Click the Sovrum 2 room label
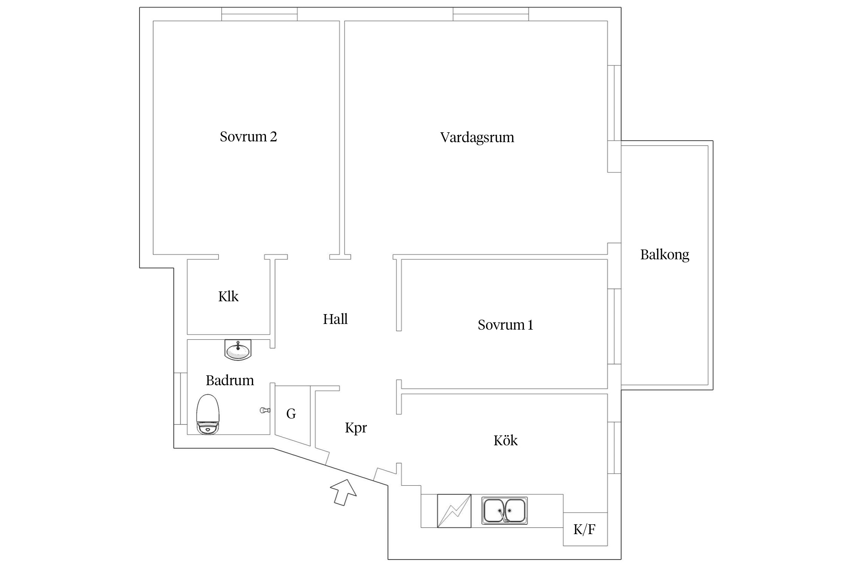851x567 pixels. [248, 136]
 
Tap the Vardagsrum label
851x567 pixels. [477, 137]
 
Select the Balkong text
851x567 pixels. [664, 254]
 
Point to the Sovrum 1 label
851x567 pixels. [505, 325]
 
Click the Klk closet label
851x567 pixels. [228, 296]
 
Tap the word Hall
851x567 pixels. [335, 319]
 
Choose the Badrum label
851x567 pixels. [230, 380]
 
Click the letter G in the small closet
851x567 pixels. [291, 414]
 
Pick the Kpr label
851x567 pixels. [356, 428]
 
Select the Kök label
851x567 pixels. [505, 440]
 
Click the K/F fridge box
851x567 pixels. [585, 529]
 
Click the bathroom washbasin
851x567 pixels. [238, 350]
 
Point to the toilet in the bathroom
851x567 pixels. [208, 414]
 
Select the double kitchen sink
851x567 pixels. [504, 510]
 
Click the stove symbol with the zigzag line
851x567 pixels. [454, 511]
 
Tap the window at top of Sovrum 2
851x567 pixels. [259, 14]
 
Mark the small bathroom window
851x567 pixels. [180, 398]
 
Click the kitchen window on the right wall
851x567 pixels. [614, 448]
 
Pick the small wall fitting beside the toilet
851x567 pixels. [265, 410]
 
